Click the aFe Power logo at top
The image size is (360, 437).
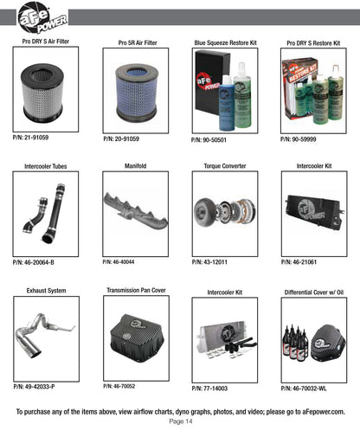click(42, 18)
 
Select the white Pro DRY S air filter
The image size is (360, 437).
click(42, 93)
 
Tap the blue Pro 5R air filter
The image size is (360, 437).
click(137, 93)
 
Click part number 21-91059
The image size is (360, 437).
click(30, 138)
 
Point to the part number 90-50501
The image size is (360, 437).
click(209, 140)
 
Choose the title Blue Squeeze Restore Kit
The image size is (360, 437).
click(225, 43)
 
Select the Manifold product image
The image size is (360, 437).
click(136, 211)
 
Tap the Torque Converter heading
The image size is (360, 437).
click(225, 166)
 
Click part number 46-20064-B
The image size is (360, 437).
click(34, 262)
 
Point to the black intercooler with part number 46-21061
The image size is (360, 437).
click(315, 212)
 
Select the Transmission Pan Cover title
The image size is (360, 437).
click(136, 290)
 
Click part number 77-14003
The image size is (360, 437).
click(209, 389)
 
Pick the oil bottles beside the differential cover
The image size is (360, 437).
click(295, 343)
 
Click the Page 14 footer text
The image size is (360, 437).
click(181, 421)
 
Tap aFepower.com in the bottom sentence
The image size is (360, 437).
click(324, 412)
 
